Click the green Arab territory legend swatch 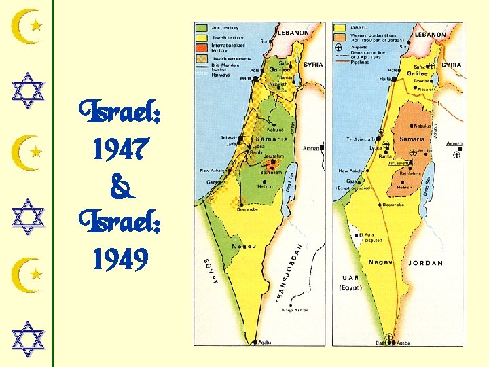[202, 29]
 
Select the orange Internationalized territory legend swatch [202, 48]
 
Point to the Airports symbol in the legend [338, 48]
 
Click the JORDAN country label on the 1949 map [424, 263]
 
